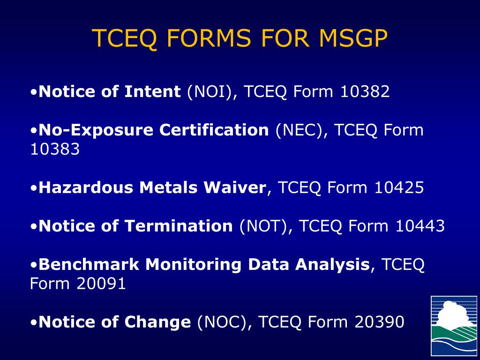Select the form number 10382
pyautogui.click(x=365, y=92)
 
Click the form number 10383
pyautogui.click(x=55, y=150)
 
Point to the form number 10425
pyautogui.click(x=399, y=188)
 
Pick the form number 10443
pyautogui.click(x=420, y=226)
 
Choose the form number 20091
pyautogui.click(x=101, y=284)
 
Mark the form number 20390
pyautogui.click(x=379, y=322)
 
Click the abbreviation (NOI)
pyautogui.click(x=209, y=92)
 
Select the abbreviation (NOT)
pyautogui.click(x=263, y=226)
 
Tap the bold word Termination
pyautogui.click(x=179, y=226)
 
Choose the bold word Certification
pyautogui.click(x=214, y=130)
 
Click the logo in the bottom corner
pyautogui.click(x=454, y=326)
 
